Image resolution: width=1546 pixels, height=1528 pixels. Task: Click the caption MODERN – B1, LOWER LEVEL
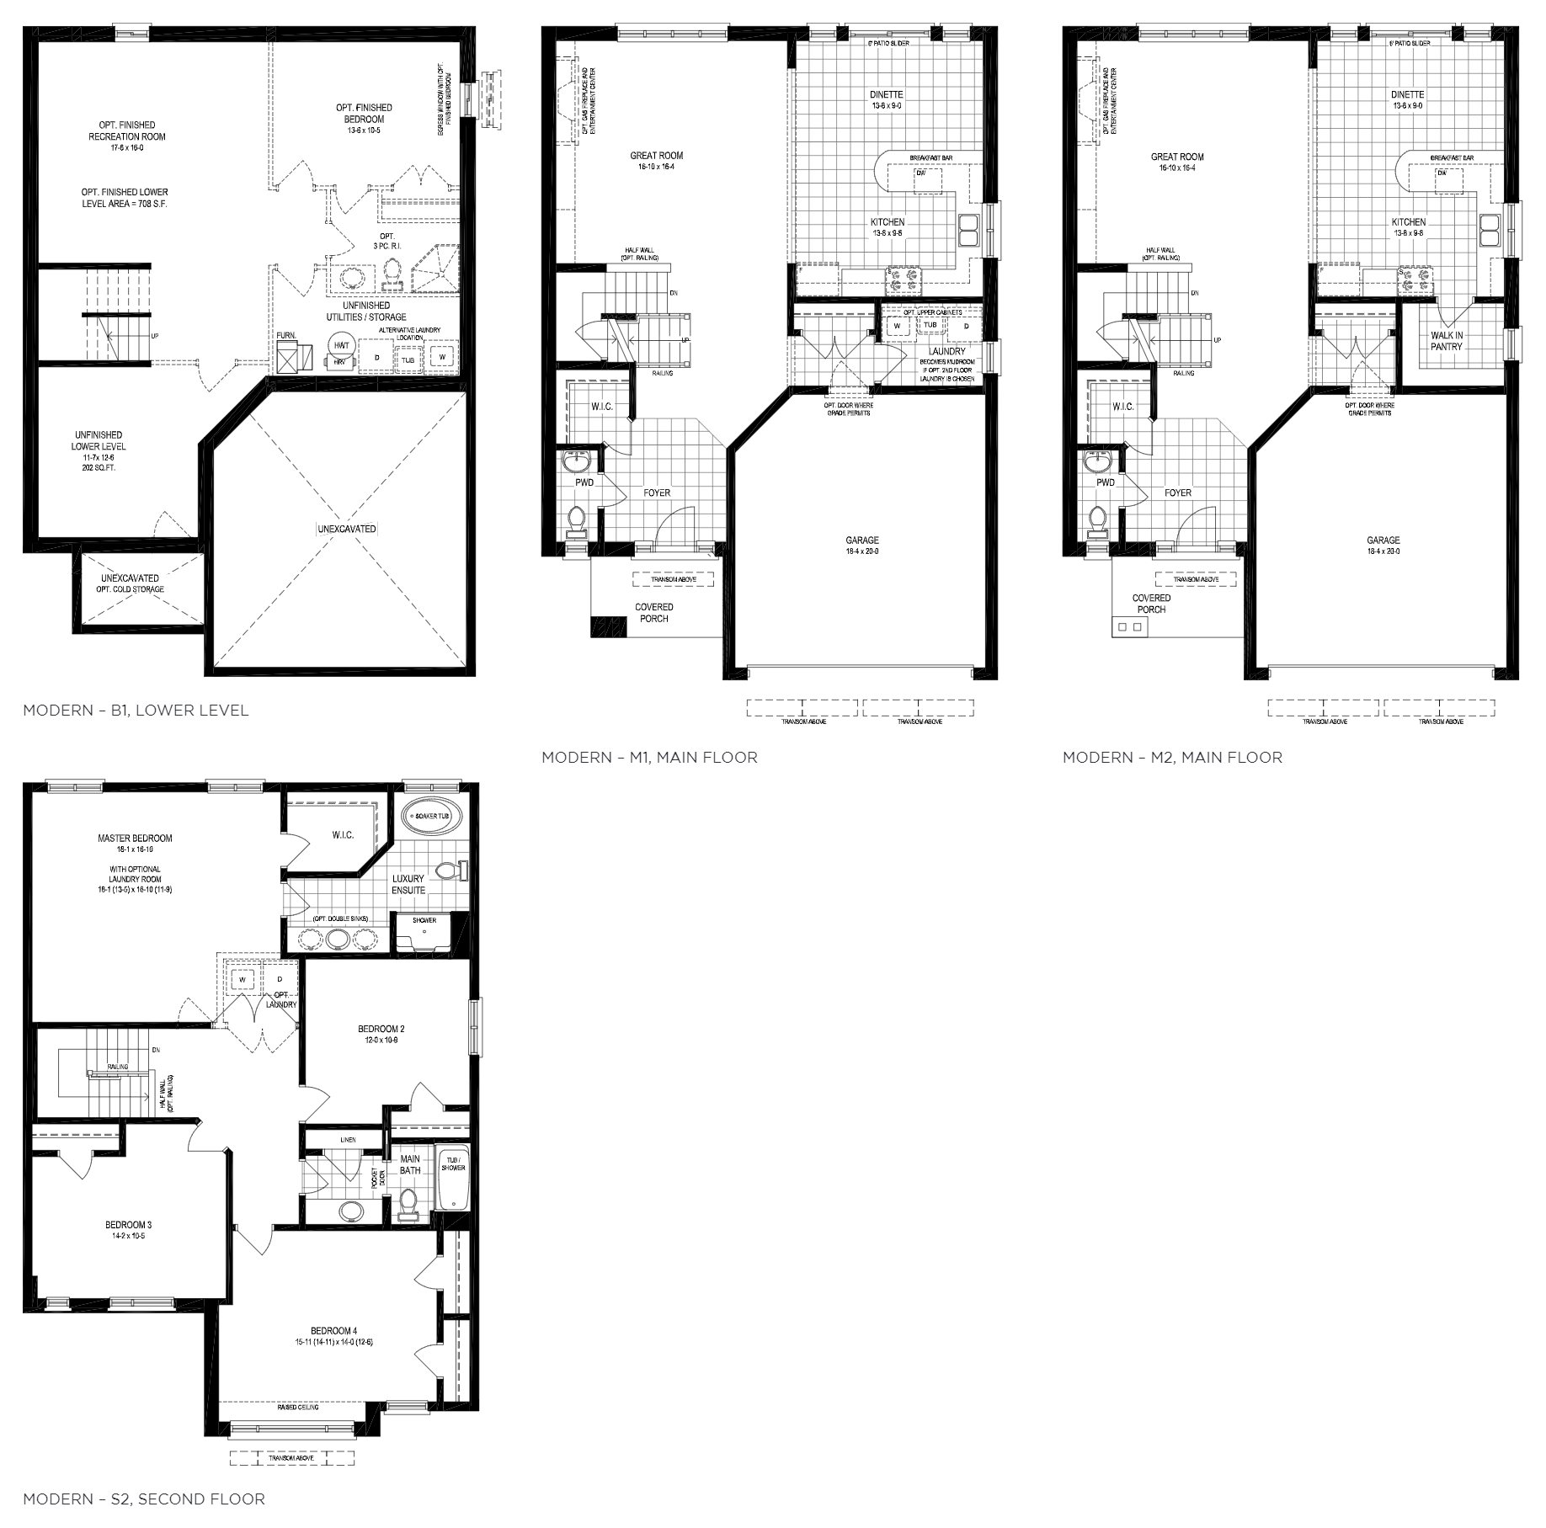(x=136, y=711)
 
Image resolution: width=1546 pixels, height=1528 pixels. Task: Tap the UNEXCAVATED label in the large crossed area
(x=346, y=530)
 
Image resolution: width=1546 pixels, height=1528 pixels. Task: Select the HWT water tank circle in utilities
(x=341, y=346)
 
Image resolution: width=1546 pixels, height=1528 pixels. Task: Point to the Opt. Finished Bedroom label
(x=364, y=114)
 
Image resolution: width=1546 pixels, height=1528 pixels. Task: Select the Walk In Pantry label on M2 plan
(x=1446, y=341)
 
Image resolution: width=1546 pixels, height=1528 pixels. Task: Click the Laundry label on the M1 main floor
(x=946, y=350)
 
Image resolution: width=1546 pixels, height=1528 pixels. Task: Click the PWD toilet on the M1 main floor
(x=577, y=521)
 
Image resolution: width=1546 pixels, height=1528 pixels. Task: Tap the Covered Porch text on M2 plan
(x=1151, y=604)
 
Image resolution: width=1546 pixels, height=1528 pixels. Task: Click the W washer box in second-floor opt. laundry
(x=243, y=980)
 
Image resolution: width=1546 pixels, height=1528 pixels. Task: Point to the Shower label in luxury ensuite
(x=424, y=920)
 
